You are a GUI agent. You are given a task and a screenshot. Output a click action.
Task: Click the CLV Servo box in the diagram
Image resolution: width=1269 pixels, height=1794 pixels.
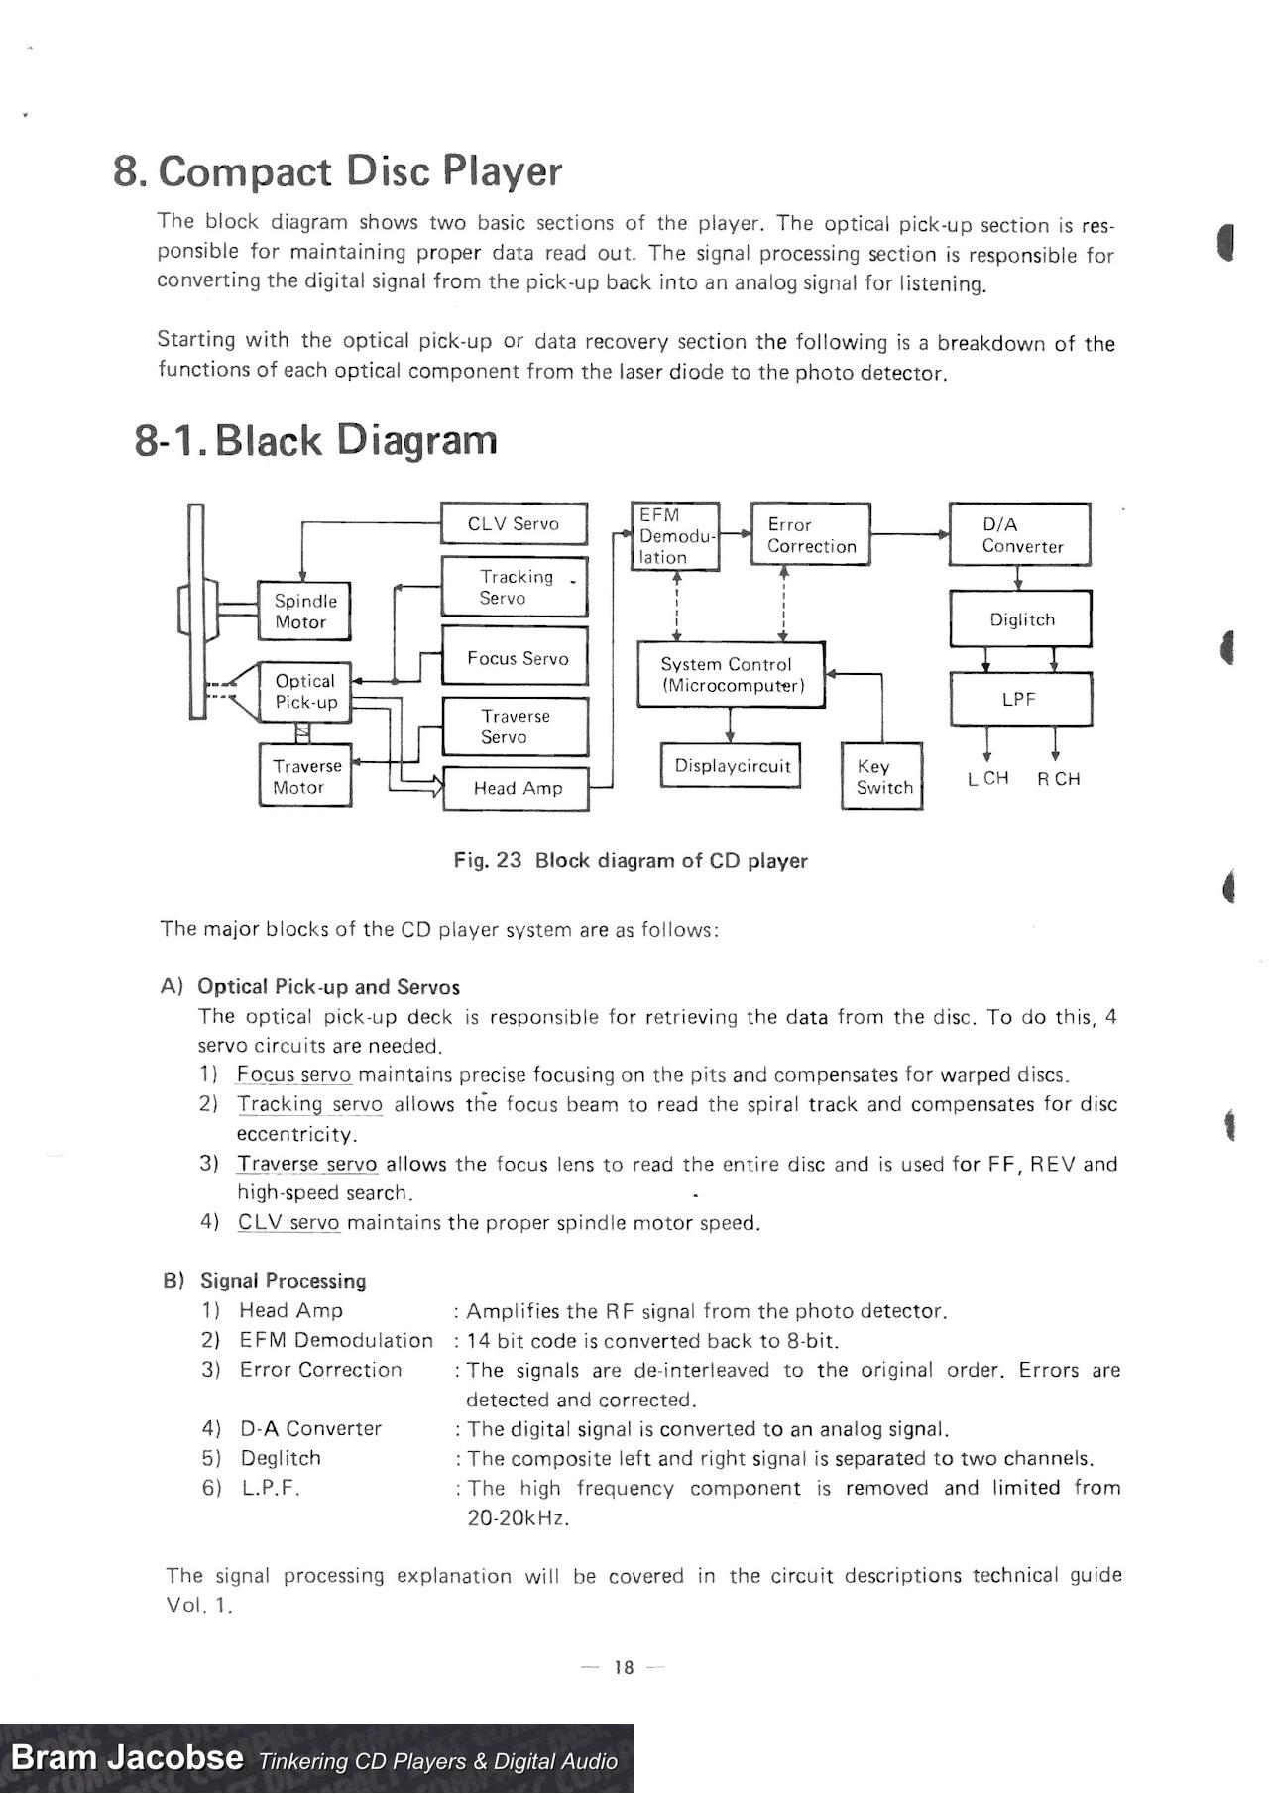[514, 523]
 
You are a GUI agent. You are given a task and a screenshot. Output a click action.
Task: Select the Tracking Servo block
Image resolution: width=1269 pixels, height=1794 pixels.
[514, 587]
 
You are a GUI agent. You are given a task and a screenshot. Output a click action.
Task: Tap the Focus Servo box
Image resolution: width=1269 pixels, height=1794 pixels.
[514, 656]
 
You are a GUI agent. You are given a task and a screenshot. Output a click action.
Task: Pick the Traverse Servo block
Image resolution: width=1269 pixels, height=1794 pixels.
[515, 727]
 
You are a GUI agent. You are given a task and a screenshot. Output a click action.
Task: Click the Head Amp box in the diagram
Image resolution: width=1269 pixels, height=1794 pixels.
[516, 788]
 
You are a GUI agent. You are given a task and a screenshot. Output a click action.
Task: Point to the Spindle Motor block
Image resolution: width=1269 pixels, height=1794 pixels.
[303, 612]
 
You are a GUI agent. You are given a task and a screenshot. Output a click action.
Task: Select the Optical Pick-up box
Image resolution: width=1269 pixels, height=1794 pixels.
[304, 691]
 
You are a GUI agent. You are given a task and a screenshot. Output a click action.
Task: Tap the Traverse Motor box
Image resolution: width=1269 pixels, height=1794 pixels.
[305, 776]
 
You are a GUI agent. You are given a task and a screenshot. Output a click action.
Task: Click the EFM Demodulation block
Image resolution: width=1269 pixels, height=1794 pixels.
[675, 536]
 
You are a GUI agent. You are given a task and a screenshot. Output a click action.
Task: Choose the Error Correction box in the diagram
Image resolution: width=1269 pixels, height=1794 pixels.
[810, 534]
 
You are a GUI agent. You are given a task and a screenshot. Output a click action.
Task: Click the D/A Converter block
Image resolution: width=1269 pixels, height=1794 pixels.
[1019, 534]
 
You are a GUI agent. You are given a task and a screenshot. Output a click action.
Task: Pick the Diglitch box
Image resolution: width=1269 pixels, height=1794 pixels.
[1020, 619]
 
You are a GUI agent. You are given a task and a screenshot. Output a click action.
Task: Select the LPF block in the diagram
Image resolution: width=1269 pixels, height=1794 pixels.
[1020, 699]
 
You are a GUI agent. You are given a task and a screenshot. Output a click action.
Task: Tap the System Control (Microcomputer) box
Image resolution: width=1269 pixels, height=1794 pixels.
[731, 674]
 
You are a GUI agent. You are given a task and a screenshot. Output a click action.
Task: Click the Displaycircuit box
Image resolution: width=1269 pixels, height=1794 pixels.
[731, 765]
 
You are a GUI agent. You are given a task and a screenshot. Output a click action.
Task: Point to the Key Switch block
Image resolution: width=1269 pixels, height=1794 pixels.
[882, 776]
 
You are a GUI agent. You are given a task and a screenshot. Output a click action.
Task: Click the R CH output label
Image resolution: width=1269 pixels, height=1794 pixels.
[1058, 779]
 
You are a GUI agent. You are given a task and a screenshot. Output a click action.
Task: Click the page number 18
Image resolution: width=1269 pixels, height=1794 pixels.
[624, 1667]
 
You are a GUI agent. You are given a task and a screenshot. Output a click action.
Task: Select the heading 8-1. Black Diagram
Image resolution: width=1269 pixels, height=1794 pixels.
[315, 440]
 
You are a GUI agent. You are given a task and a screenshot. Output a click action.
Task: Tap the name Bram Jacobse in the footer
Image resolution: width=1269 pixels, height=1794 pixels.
[127, 1757]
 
